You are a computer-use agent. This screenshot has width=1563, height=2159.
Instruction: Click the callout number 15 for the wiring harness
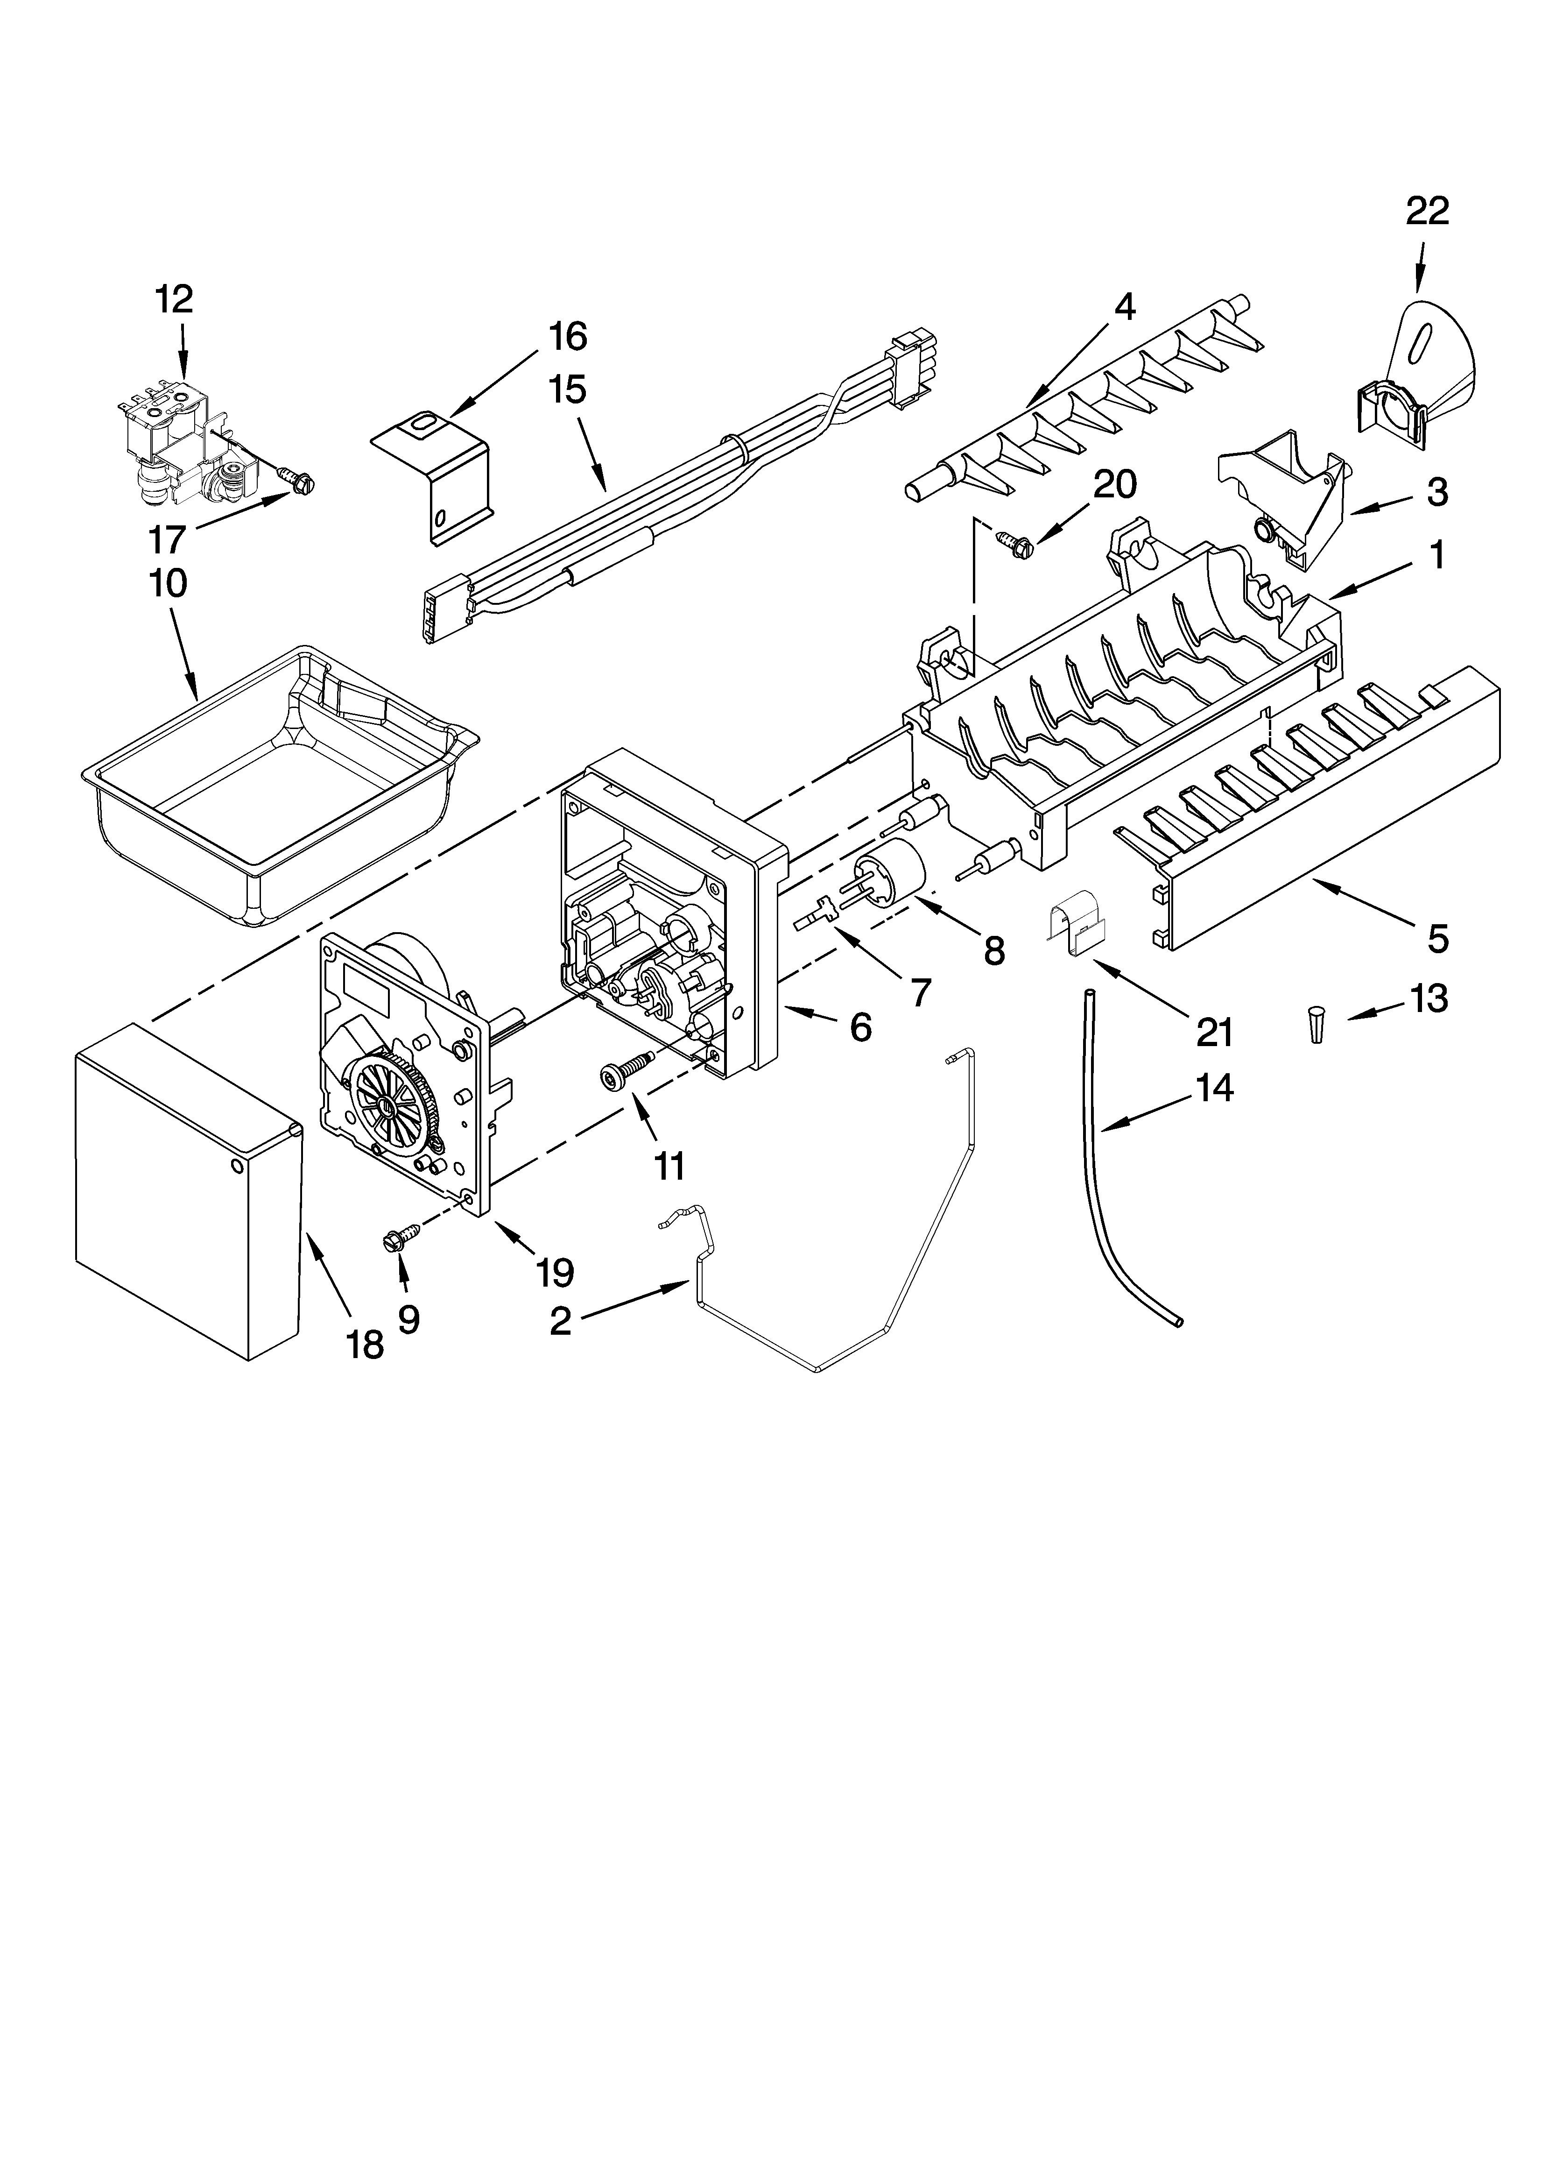click(x=567, y=390)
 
